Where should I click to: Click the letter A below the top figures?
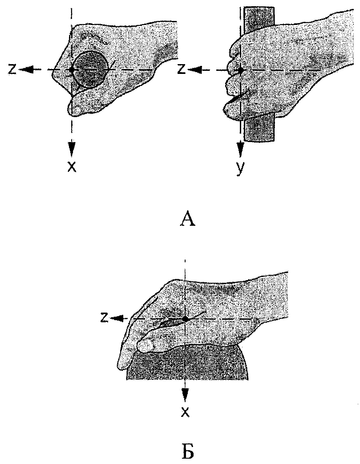pos(188,220)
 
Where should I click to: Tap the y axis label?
pos(240,169)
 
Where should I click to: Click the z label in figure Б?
pos(104,317)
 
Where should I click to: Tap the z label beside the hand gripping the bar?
pos(181,69)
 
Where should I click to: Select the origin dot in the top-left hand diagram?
pos(71,69)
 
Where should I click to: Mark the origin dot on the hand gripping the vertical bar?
pos(240,70)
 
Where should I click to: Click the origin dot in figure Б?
pos(185,319)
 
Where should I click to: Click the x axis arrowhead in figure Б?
pos(185,395)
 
